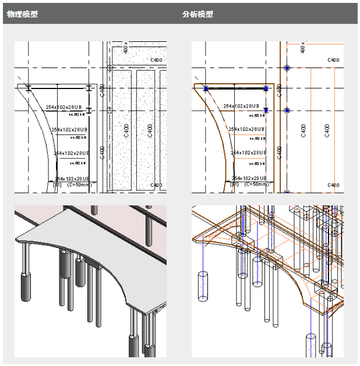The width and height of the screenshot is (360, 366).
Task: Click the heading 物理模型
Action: coord(22,14)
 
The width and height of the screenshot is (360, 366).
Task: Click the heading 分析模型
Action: coord(197,14)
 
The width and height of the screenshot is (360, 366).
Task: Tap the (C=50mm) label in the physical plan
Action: coord(80,184)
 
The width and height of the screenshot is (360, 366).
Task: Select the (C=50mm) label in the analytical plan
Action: coord(257,184)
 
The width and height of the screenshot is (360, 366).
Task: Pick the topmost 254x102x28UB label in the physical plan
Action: coord(66,106)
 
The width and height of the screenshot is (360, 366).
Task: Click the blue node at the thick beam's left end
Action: coord(206,88)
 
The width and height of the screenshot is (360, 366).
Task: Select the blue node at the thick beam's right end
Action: coord(266,88)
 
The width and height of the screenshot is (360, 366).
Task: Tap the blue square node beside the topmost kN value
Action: coord(266,110)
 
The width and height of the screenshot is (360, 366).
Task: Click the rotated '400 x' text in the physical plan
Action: coord(126,47)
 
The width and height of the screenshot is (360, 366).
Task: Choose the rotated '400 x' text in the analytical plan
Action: coord(303,47)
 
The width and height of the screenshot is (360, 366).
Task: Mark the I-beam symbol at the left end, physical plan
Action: coord(28,88)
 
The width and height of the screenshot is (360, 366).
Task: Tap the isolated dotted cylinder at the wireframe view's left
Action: coord(202,285)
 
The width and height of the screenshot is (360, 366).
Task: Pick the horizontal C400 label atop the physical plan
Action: coord(156,60)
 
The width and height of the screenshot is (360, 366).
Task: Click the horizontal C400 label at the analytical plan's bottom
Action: coord(333,185)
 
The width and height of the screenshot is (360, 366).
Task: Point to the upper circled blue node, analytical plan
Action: coord(287,68)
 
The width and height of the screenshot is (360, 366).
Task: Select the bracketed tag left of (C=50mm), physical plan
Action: coord(57,184)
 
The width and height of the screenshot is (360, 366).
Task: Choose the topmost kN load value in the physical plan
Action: coord(79,115)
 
